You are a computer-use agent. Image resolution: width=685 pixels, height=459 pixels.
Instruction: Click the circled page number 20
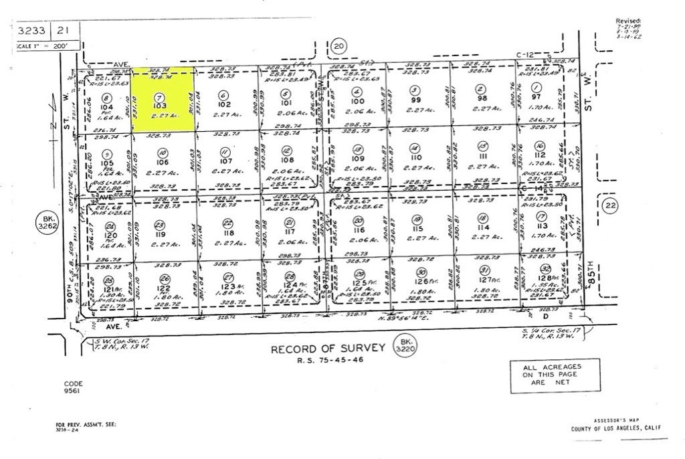[339, 46]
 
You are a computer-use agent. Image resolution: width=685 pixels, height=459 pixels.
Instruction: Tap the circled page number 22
[609, 205]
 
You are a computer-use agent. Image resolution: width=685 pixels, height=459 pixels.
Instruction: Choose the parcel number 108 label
[288, 161]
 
